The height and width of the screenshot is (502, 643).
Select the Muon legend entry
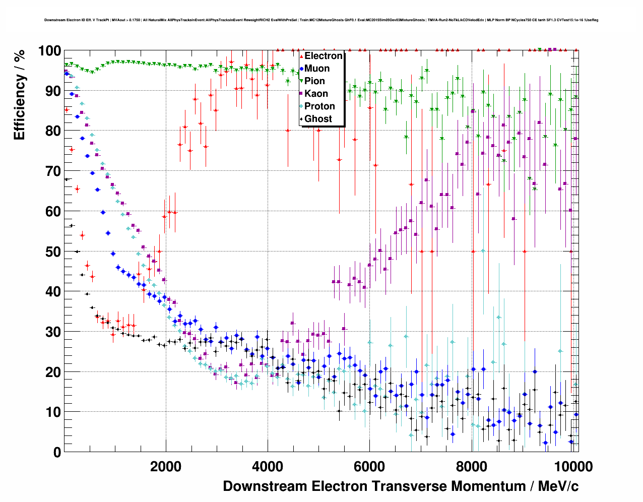[317, 69]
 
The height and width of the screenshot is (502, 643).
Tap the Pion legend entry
[314, 81]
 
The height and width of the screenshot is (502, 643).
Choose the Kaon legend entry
[316, 94]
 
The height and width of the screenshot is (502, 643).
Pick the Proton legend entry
[319, 106]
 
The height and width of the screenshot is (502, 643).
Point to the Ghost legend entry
[318, 119]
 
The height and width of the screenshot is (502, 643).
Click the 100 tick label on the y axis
[49, 51]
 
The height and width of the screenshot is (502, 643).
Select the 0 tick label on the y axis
[57, 452]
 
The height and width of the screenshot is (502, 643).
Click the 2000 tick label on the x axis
[166, 466]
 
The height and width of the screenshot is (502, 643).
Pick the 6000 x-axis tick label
[369, 466]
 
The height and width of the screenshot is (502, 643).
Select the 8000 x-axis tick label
[471, 466]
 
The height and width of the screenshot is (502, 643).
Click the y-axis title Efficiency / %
[19, 95]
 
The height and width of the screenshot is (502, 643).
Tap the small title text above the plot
[321, 20]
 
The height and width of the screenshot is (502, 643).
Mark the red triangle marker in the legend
[301, 56]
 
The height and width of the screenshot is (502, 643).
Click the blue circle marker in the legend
[301, 69]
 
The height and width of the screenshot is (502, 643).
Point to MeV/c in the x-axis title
[558, 486]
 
